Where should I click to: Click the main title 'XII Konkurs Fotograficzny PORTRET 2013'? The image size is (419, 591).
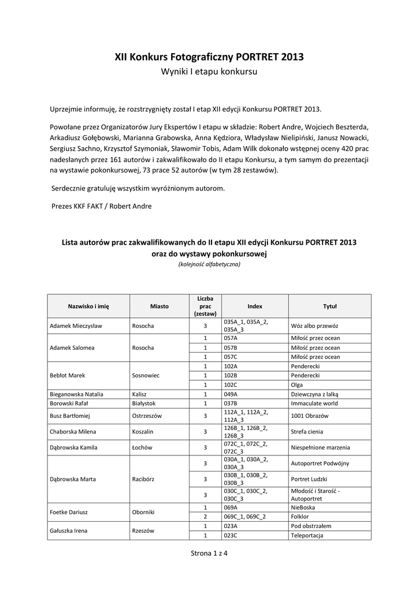click(209, 57)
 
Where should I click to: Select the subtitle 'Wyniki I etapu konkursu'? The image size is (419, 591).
click(209, 72)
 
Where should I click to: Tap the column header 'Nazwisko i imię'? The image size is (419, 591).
click(88, 306)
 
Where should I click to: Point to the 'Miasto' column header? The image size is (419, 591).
click(159, 306)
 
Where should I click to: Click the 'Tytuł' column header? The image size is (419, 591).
click(329, 306)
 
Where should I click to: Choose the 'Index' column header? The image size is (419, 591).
click(254, 306)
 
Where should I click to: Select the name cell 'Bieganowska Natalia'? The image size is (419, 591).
click(77, 394)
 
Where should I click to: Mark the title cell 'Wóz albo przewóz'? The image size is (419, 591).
click(314, 326)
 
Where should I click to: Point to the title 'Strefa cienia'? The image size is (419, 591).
click(307, 431)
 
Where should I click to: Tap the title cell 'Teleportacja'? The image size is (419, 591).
click(307, 535)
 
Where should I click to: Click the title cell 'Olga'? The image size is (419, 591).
click(297, 385)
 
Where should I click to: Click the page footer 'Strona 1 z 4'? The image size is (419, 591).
click(209, 553)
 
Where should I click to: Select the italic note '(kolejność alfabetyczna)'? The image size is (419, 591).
click(209, 264)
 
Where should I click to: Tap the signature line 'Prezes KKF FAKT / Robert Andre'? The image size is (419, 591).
click(101, 206)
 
